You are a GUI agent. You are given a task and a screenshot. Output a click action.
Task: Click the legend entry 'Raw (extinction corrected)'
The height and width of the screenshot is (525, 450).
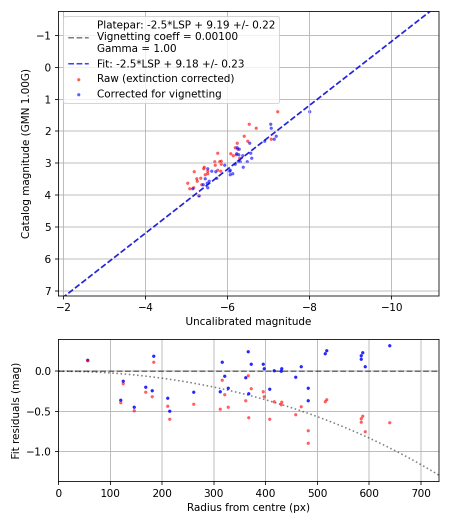pyautogui.click(x=165, y=78)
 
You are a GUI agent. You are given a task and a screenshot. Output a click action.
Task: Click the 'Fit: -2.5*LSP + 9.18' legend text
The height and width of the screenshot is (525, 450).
pyautogui.click(x=170, y=63)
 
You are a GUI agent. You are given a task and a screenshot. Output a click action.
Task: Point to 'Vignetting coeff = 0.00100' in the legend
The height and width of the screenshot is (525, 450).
pyautogui.click(x=167, y=36)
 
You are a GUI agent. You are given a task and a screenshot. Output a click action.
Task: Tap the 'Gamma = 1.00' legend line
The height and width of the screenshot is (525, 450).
pyautogui.click(x=136, y=48)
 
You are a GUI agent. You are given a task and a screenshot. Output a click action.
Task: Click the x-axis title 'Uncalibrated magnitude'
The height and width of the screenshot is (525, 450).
pyautogui.click(x=248, y=321)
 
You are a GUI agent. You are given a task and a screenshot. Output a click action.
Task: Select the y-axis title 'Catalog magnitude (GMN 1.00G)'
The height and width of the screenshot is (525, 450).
pyautogui.click(x=25, y=154)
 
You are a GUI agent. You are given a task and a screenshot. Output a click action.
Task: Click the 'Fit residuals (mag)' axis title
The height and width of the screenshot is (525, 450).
pyautogui.click(x=15, y=410)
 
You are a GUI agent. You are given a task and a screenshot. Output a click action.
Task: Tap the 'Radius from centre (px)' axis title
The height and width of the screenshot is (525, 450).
pyautogui.click(x=248, y=507)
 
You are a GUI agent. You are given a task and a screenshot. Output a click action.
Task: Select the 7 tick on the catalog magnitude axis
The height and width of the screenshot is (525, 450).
pyautogui.click(x=48, y=291)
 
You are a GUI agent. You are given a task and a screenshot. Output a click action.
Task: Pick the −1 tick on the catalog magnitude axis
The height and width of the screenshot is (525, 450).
pyautogui.click(x=45, y=35)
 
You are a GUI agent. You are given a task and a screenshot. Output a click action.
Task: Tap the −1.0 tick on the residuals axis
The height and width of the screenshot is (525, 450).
pyautogui.click(x=40, y=451)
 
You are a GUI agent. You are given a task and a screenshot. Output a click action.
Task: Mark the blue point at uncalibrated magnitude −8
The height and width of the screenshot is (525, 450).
pyautogui.click(x=309, y=111)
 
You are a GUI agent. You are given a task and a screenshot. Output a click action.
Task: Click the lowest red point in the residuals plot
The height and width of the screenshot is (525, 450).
pyautogui.click(x=308, y=443)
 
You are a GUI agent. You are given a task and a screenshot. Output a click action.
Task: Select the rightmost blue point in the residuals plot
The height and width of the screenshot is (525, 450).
pyautogui.click(x=389, y=345)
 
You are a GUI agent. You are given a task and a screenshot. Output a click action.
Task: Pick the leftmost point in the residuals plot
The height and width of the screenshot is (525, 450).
pyautogui.click(x=87, y=360)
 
